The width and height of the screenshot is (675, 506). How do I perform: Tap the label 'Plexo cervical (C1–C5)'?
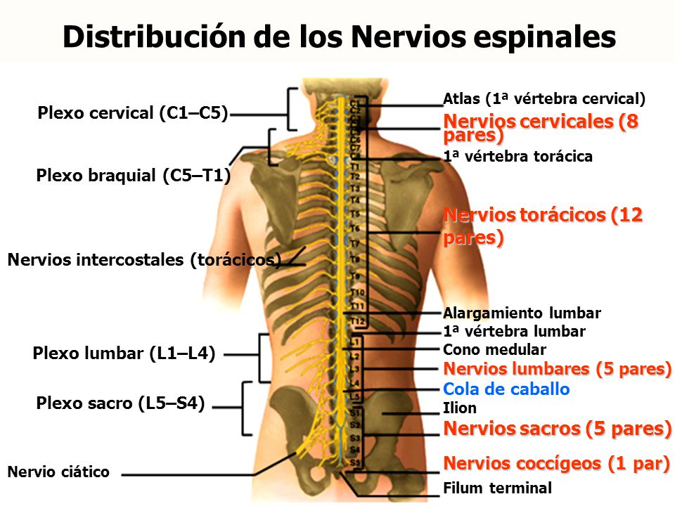pos(133,113)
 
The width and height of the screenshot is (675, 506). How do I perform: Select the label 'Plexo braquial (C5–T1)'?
pos(134,176)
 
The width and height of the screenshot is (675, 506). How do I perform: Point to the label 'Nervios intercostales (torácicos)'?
pos(144,260)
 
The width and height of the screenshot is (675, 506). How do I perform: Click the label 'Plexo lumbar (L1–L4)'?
pos(124,353)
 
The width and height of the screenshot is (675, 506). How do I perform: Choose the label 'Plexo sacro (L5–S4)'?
pos(120,403)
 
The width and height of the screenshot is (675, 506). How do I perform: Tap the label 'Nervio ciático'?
pos(58,472)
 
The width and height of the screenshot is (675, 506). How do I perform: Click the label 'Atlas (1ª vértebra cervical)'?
pos(544,98)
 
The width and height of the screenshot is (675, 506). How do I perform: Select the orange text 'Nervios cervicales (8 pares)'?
pos(541,128)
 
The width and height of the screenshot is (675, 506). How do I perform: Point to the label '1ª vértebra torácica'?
pos(518,157)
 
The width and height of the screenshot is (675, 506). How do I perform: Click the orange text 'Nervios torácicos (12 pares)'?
pos(543,226)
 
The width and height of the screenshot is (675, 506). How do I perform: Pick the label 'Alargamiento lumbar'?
pos(522,313)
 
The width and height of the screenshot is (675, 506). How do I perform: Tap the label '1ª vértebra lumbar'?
pos(514,331)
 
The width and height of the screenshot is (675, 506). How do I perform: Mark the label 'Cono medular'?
pos(494,349)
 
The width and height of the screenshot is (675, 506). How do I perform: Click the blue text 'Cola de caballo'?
pos(506,389)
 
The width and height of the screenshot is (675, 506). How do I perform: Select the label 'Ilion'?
pos(460,408)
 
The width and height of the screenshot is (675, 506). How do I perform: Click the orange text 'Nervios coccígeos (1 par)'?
pos(555,463)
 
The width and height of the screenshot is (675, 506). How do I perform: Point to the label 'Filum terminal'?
pos(498,488)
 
